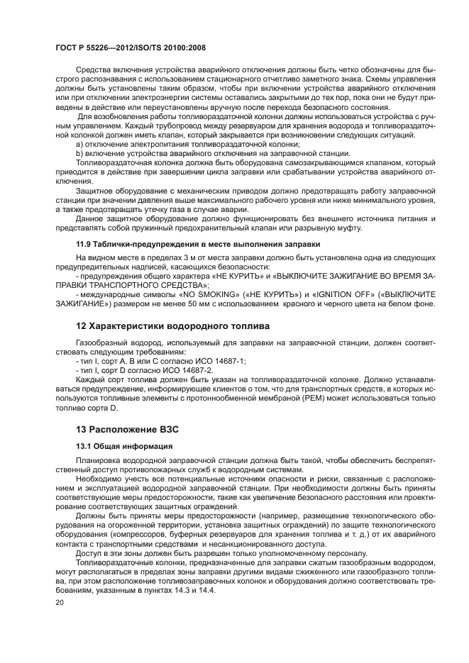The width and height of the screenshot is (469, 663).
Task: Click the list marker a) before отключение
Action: coord(79,144)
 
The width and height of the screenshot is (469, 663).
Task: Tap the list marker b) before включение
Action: coord(79,153)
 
